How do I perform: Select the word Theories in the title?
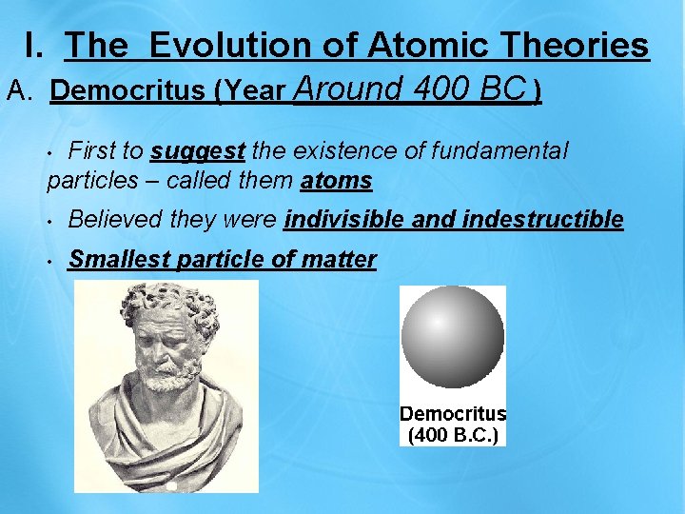(573, 45)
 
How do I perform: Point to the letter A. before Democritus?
(21, 91)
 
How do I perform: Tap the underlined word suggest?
(198, 150)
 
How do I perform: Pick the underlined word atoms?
(336, 181)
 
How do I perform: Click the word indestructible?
(542, 221)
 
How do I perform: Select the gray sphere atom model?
(453, 338)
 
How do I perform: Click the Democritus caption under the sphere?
(453, 414)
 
